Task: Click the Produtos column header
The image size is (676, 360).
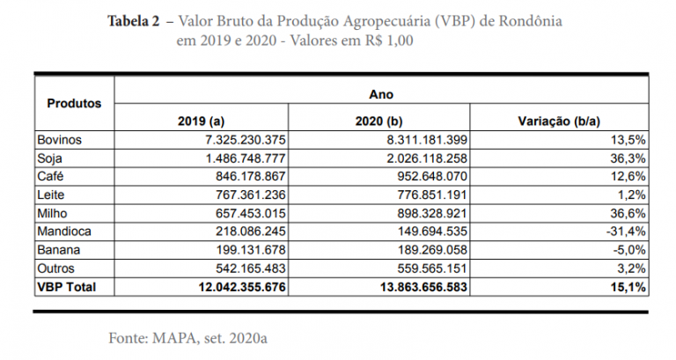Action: coord(74,103)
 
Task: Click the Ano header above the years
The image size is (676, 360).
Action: coord(382,93)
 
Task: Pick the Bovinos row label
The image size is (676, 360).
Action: coord(57,139)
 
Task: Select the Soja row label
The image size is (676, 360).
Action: coord(48,158)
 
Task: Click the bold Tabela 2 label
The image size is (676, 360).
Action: coord(136,20)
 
